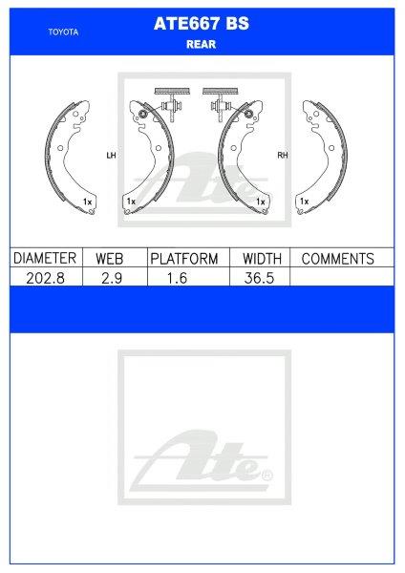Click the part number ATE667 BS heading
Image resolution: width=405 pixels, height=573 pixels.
(x=201, y=27)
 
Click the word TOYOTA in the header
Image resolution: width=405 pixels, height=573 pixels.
(x=63, y=32)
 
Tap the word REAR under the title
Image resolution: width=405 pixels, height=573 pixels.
(x=201, y=42)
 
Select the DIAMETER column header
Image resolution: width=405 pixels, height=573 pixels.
(x=44, y=259)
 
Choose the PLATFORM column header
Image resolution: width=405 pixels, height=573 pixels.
(x=184, y=259)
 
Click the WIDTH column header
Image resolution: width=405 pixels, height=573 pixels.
(x=262, y=259)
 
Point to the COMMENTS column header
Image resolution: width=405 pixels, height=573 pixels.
(x=337, y=259)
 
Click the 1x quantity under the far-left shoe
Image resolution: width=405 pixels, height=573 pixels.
(x=88, y=202)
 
